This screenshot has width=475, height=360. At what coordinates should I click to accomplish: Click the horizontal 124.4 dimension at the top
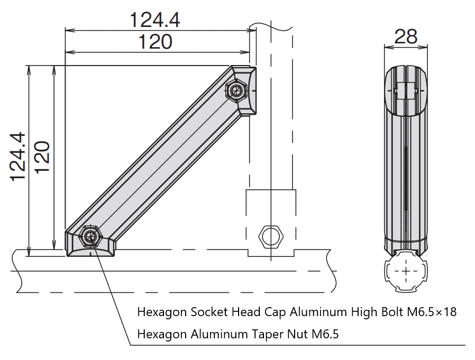(155, 20)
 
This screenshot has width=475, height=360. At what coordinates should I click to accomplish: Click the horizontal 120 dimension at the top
(155, 41)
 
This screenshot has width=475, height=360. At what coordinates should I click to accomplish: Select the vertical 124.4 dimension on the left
(18, 156)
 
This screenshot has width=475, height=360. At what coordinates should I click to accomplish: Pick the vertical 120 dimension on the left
(42, 156)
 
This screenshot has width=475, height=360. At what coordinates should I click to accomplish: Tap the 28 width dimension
(406, 36)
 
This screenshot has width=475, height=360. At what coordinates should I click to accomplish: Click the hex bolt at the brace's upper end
(236, 90)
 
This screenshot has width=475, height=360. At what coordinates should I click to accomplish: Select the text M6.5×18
(431, 312)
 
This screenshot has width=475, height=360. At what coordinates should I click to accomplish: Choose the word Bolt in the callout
(391, 312)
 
